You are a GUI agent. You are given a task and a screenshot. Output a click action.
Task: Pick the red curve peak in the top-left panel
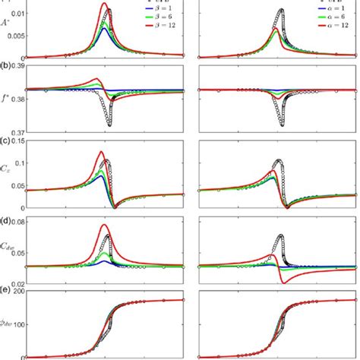[105, 4]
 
